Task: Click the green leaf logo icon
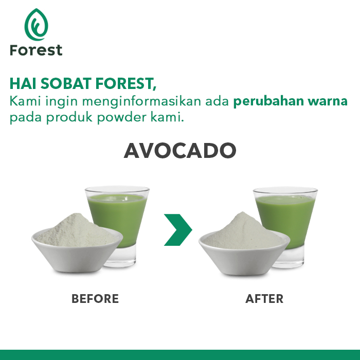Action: coord(35,25)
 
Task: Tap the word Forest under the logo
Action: coord(36,50)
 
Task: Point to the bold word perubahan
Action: coord(262,101)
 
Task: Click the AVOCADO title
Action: coord(180,150)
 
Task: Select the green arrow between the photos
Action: coord(177,230)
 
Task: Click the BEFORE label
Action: coord(95,299)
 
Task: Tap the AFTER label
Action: coord(264,299)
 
